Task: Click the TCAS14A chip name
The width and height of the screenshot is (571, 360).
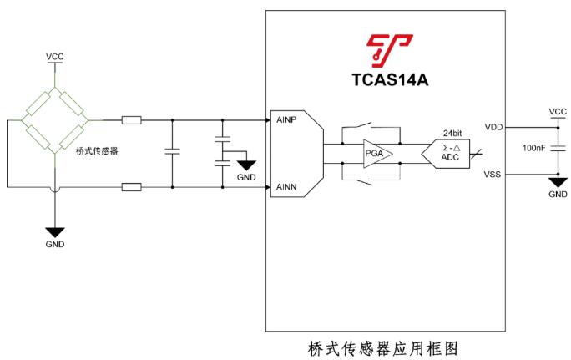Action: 390,80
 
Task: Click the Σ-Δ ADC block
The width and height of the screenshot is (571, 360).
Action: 451,151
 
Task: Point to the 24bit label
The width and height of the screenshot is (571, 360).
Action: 452,133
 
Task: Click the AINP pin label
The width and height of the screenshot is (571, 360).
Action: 287,120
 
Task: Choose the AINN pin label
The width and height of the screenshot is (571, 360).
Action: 287,187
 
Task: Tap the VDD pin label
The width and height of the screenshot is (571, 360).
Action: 493,127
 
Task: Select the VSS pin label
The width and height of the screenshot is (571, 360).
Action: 493,175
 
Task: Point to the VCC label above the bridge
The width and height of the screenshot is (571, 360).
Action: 55,56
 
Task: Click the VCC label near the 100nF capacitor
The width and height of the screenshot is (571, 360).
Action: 557,111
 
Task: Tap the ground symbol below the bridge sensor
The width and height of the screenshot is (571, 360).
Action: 55,231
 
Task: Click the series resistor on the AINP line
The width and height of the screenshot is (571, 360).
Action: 131,120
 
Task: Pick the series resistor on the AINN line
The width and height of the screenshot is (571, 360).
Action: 131,186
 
